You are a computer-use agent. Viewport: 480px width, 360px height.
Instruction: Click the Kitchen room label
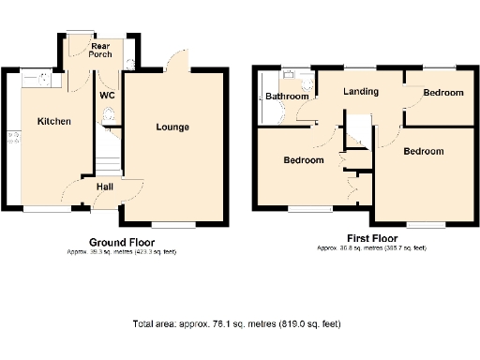tap(53, 121)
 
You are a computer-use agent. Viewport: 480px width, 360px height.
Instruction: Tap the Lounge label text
tap(172, 127)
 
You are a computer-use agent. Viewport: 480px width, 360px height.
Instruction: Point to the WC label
tap(108, 95)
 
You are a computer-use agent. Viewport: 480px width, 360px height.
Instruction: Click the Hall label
tap(106, 186)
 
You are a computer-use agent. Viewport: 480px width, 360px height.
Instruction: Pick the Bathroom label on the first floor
tap(286, 97)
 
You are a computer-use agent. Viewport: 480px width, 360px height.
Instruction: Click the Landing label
tap(361, 92)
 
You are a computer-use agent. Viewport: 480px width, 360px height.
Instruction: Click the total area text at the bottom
tap(235, 324)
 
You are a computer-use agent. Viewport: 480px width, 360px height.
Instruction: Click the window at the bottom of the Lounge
tap(171, 225)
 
